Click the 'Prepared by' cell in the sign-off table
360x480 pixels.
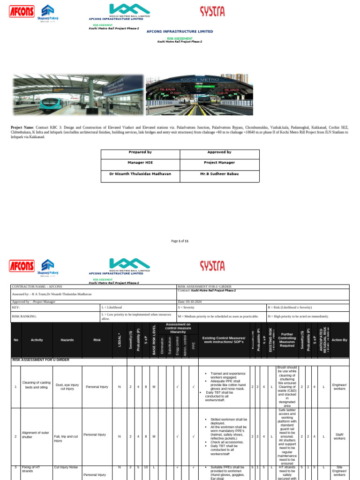pos(140,152)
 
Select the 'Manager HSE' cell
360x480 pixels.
pos(140,163)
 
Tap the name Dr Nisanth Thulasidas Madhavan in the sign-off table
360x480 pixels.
pos(140,174)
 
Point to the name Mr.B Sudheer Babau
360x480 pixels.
pos(219,174)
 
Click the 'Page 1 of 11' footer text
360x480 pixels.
pos(180,241)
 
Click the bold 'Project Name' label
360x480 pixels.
pos(22,127)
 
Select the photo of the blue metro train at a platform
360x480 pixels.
pos(76,95)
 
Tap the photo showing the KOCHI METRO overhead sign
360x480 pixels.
pos(199,95)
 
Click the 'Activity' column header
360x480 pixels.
pos(37,340)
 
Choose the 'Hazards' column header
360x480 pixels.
pos(67,340)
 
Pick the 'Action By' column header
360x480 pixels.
pos(339,340)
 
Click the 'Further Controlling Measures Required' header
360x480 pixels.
pos(287,340)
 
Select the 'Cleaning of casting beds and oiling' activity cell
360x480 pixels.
pos(37,387)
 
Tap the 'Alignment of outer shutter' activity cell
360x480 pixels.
pos(37,436)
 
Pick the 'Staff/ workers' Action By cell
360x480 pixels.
pos(339,436)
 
